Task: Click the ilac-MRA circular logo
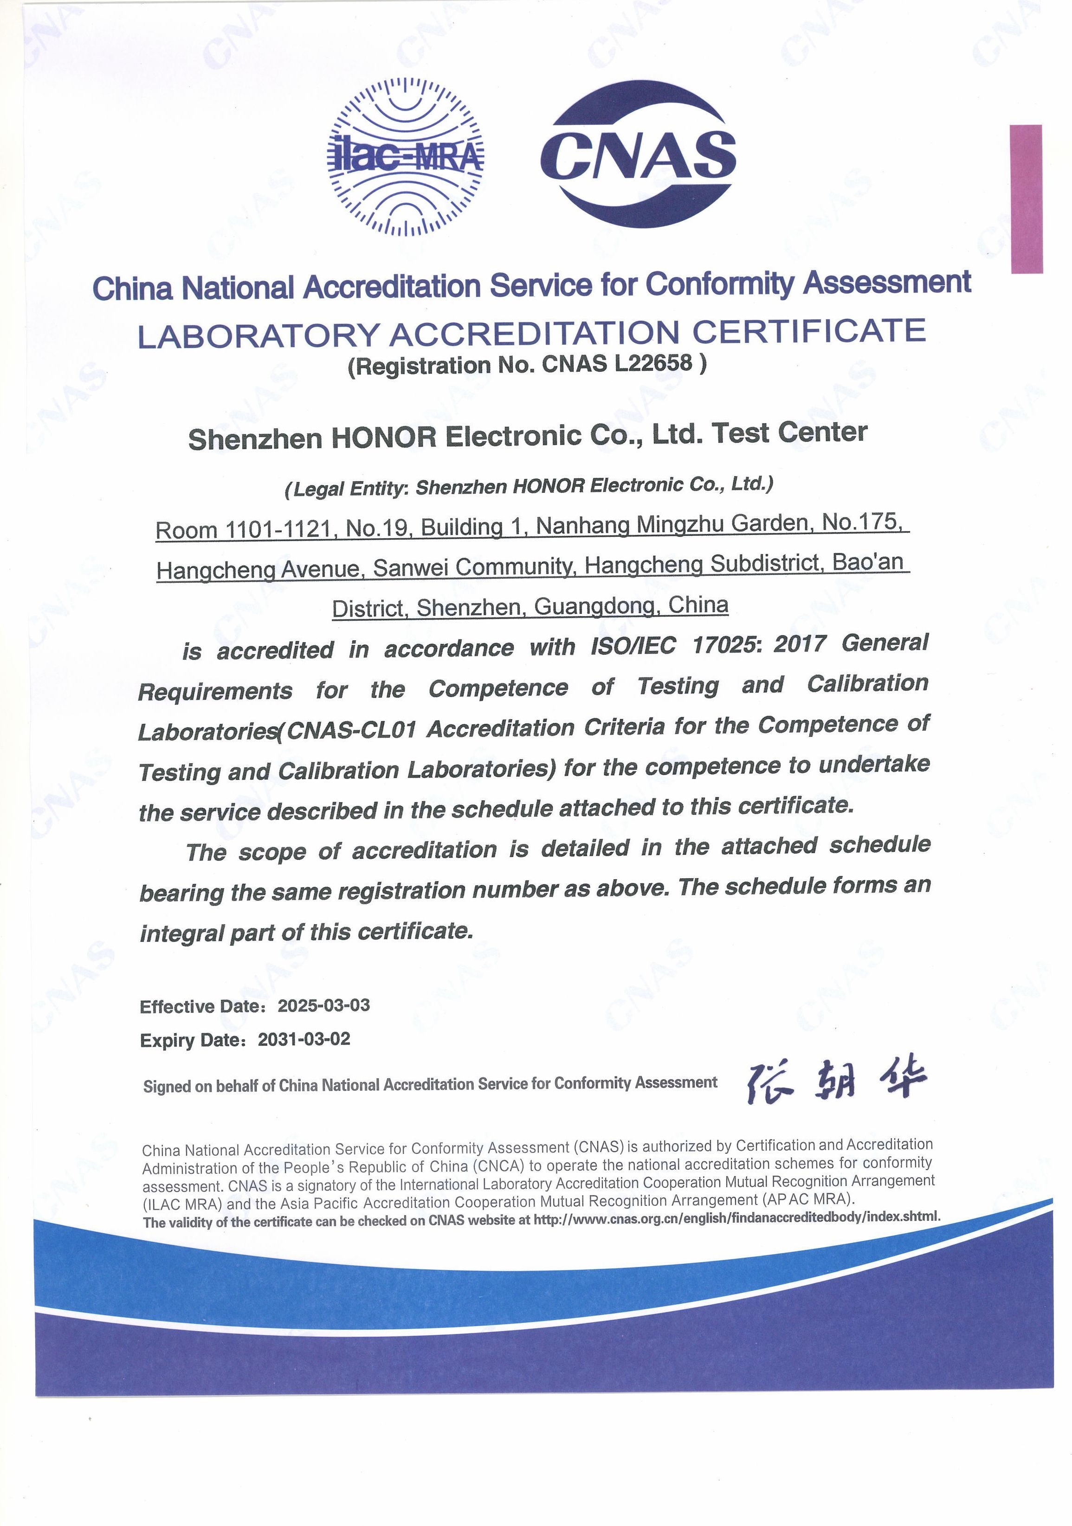[x=406, y=158]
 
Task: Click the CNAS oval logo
[x=638, y=154]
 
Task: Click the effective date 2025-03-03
[x=323, y=1005]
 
